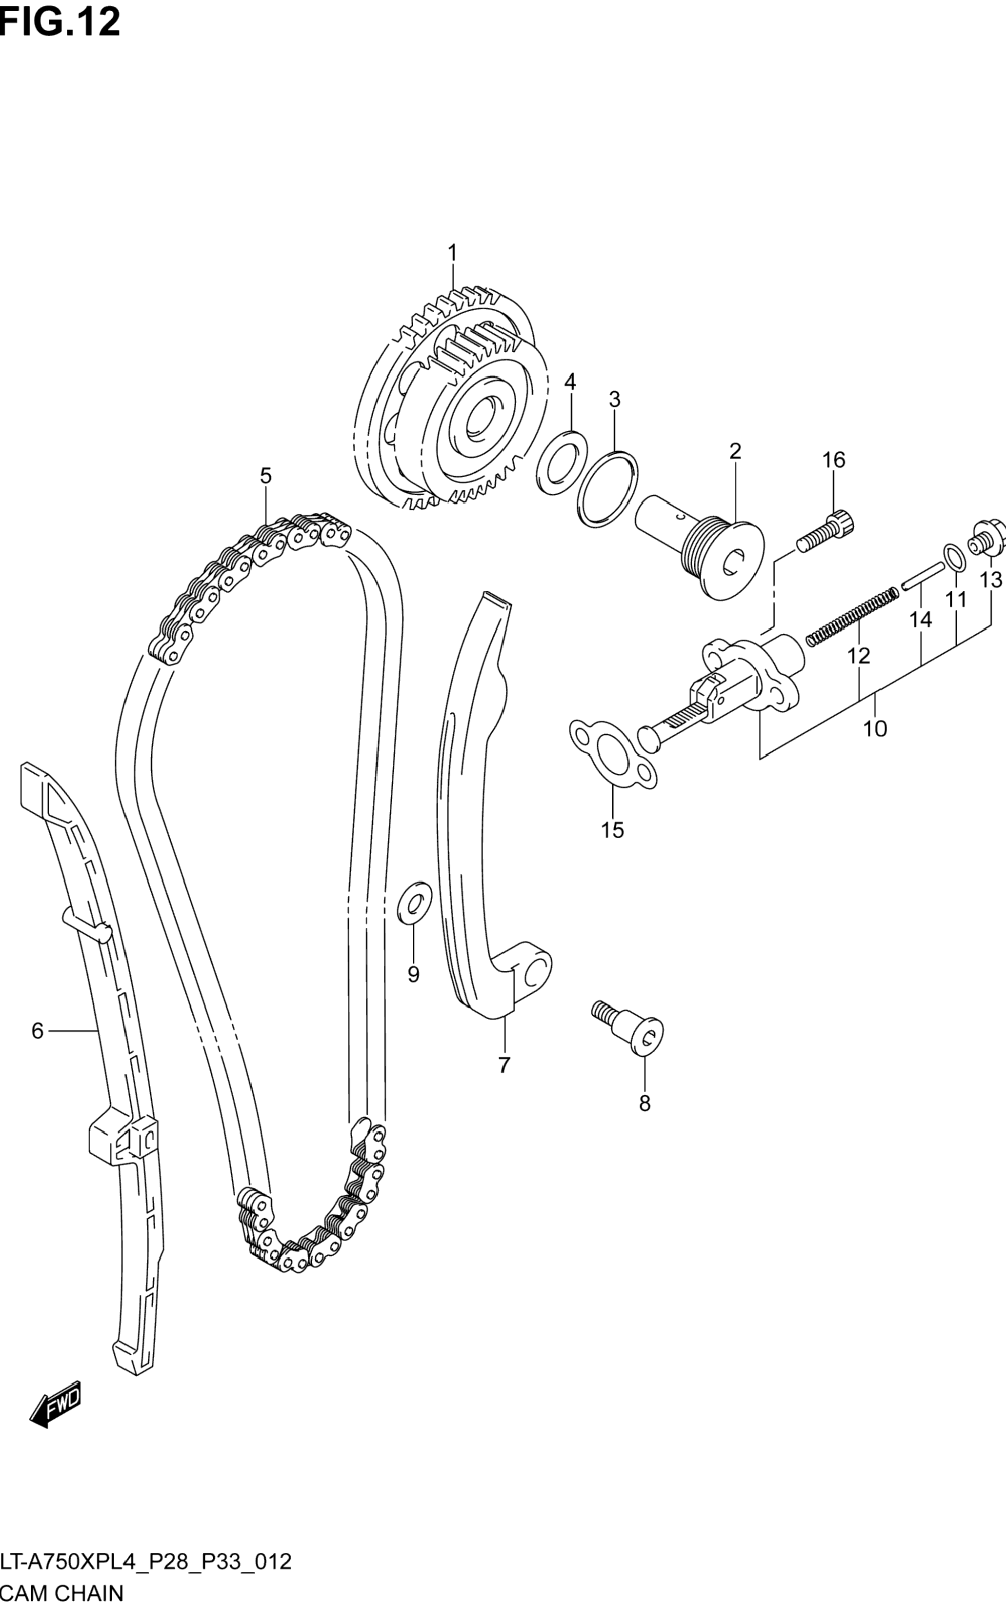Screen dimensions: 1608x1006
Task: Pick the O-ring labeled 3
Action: click(x=607, y=489)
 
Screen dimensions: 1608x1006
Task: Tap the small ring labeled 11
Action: click(x=953, y=556)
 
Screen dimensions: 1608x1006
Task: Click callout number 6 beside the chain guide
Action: click(x=37, y=1030)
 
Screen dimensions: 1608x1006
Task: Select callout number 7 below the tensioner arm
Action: click(x=503, y=1065)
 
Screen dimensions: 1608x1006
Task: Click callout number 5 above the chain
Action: click(x=265, y=476)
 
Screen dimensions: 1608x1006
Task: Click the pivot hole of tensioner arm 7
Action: click(x=534, y=975)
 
